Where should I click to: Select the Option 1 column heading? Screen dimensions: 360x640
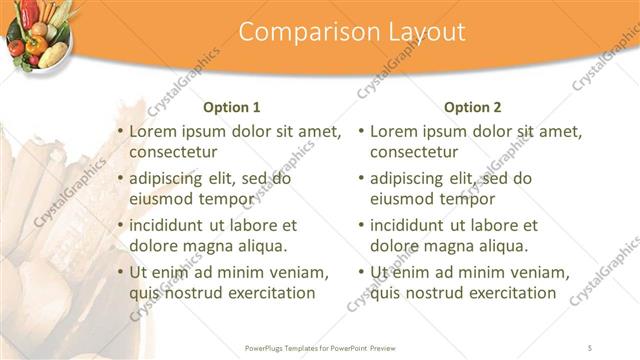tap(232, 107)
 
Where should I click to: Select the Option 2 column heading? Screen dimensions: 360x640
tap(473, 107)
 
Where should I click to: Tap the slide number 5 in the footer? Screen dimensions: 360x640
tap(591, 348)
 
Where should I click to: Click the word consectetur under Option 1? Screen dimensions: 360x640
tap(174, 152)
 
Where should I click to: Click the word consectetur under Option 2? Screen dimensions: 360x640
tap(414, 152)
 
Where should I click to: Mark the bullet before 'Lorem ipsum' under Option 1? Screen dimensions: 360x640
tap(121, 132)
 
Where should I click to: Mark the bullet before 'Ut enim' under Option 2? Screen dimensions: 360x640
tap(361, 272)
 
